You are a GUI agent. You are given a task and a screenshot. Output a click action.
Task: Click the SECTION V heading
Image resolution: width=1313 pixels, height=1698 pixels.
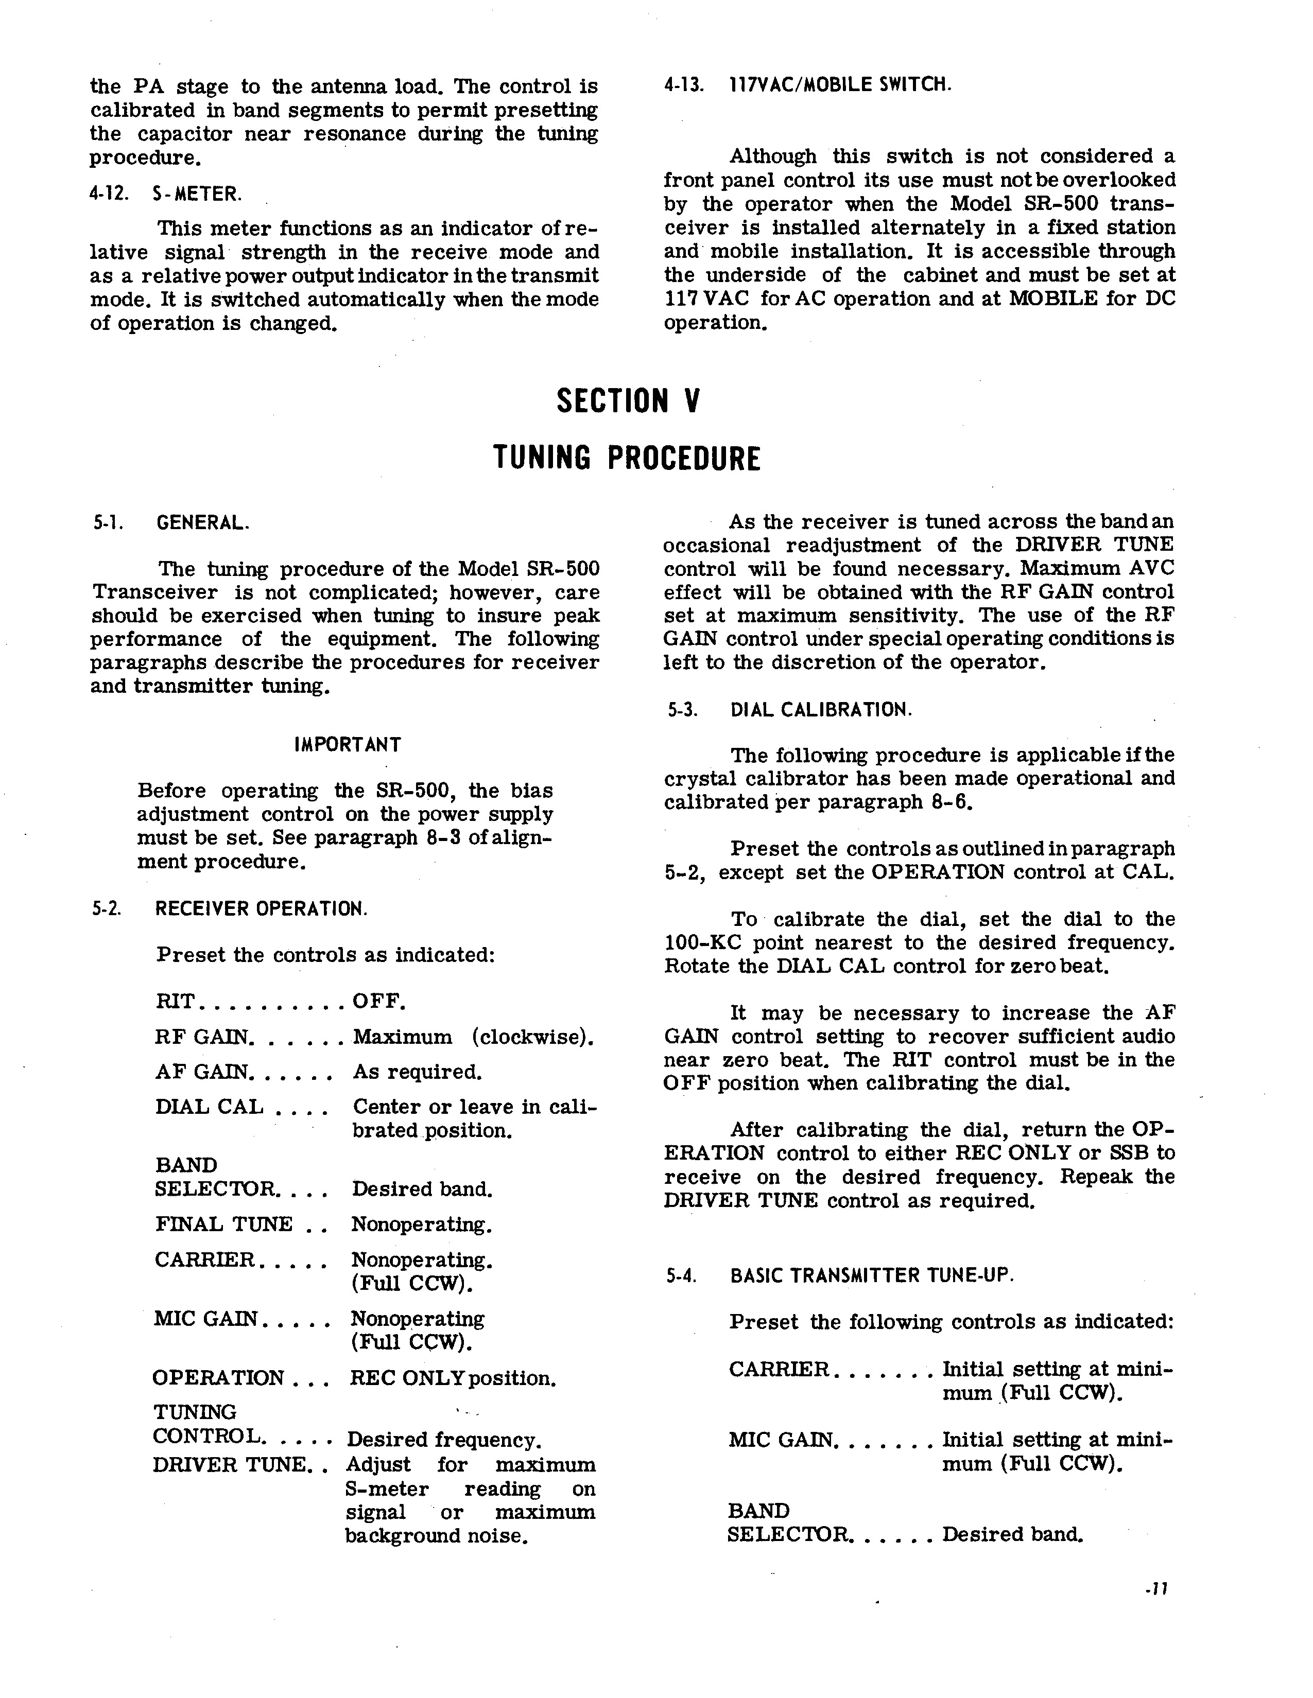[x=629, y=401]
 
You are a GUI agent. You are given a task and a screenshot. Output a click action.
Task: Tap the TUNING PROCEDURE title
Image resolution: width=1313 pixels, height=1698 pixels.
[x=627, y=459]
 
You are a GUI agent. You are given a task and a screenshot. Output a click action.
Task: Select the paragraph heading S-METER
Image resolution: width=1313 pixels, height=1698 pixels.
[x=197, y=194]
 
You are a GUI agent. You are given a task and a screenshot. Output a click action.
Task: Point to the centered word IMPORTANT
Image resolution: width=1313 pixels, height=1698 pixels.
[x=348, y=745]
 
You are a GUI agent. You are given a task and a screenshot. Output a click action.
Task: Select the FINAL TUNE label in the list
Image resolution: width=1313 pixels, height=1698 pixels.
[x=224, y=1224]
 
